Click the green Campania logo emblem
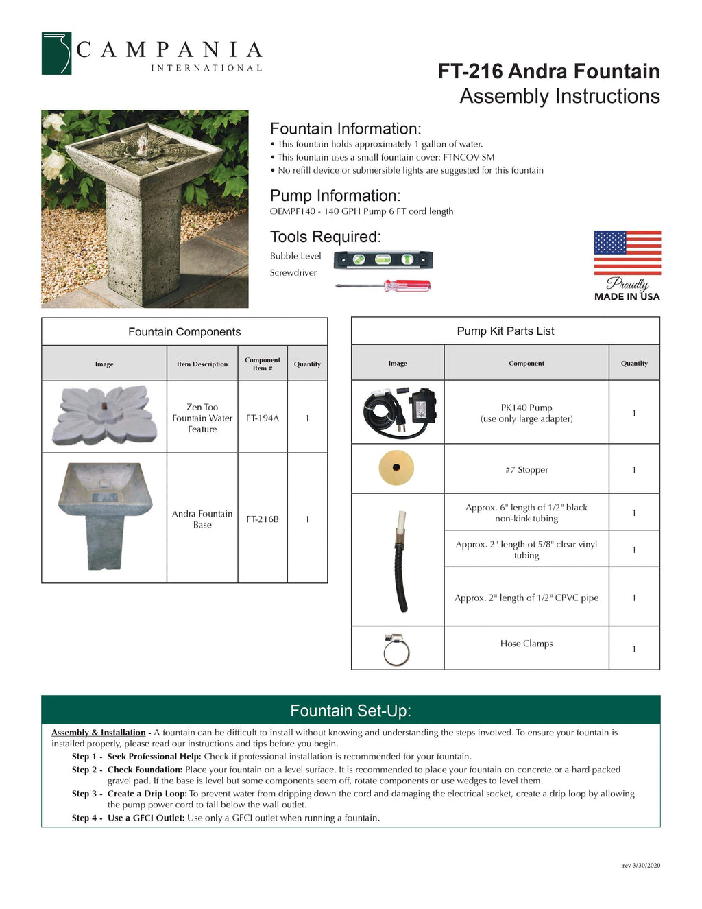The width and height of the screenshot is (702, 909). (56, 53)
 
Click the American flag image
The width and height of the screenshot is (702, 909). (627, 252)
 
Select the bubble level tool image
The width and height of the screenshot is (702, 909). (383, 260)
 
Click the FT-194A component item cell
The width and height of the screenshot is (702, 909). (263, 418)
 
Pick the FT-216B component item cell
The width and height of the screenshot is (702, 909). (263, 519)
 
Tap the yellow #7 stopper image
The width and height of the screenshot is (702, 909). (396, 468)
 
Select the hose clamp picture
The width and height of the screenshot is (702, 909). (396, 648)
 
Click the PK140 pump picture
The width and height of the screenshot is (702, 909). (398, 412)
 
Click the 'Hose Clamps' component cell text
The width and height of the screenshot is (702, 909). (526, 644)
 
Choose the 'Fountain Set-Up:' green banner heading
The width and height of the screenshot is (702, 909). (350, 711)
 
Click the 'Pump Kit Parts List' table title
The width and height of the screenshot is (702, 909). (505, 331)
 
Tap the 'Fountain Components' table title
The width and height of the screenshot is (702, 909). (184, 331)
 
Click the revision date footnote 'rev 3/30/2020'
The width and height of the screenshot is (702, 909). (641, 866)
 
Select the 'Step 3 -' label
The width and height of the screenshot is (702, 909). (87, 794)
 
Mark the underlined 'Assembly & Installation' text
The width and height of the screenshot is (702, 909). (99, 733)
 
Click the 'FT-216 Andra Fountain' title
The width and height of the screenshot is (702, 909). (548, 71)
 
